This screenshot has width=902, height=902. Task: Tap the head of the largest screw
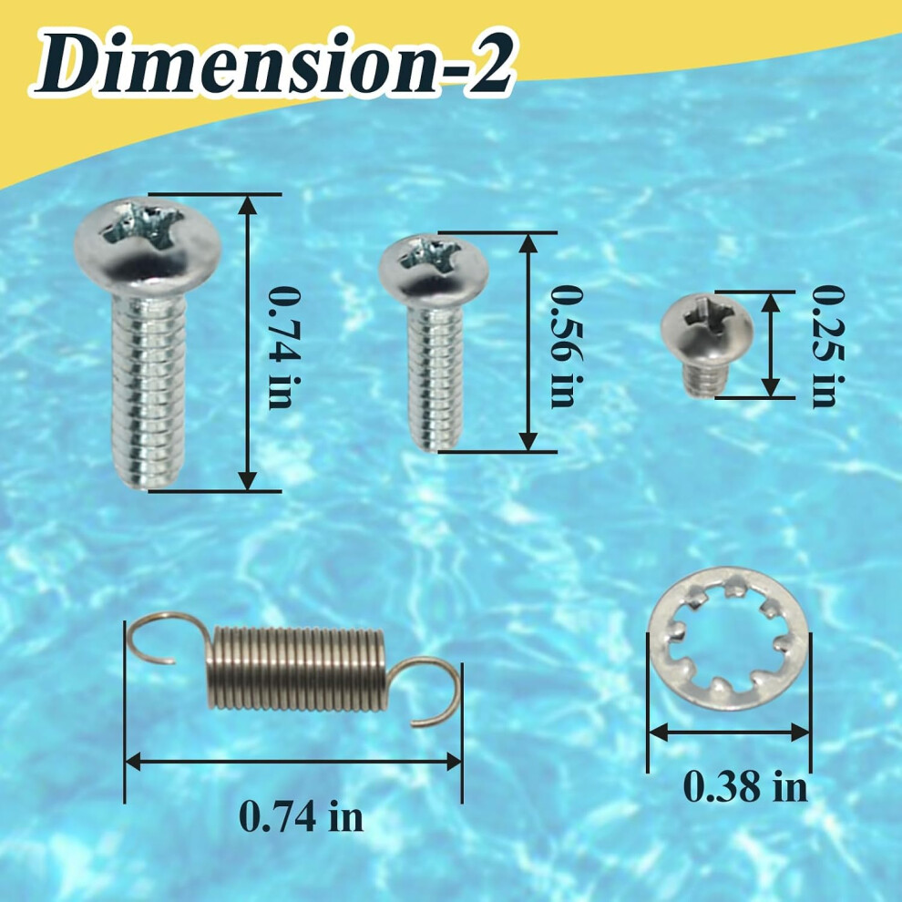coord(148,244)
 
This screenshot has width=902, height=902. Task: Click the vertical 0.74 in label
coord(284,347)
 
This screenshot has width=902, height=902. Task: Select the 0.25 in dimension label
coord(827,346)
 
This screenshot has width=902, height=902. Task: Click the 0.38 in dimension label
coord(745,786)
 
